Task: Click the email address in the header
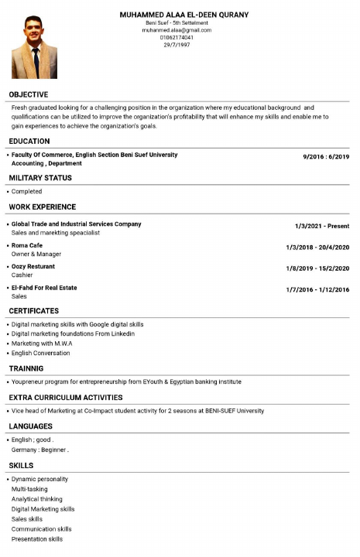click(177, 30)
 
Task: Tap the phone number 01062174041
click(177, 37)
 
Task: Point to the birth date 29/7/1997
click(177, 44)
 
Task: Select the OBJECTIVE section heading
click(29, 94)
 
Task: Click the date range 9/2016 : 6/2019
click(326, 156)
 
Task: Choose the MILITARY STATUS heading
click(40, 178)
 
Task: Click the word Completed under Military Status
click(27, 191)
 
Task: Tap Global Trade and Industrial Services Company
click(76, 224)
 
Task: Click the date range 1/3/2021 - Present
click(322, 226)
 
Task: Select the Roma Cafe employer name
click(27, 245)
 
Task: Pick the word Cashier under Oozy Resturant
click(22, 275)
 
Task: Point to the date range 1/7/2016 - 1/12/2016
click(317, 289)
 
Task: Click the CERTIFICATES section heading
click(34, 311)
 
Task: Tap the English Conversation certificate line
click(40, 353)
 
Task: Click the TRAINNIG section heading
click(26, 368)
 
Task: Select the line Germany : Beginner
click(40, 449)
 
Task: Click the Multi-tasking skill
click(29, 489)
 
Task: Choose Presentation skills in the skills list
click(37, 539)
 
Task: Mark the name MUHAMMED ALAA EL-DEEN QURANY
click(184, 15)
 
